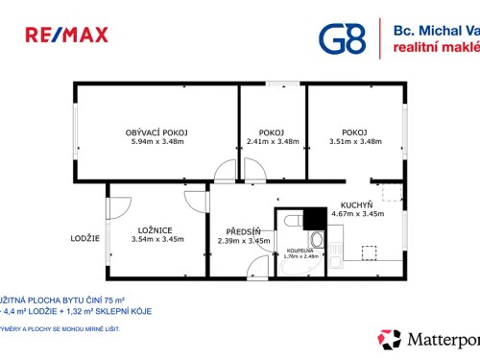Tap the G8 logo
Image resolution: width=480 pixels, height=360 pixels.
341,37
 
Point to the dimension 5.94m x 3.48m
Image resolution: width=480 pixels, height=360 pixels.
156,142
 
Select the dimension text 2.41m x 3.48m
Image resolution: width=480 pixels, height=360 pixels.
273,142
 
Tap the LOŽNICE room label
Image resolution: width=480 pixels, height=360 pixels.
154,230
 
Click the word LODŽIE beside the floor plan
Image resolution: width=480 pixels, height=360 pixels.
84,238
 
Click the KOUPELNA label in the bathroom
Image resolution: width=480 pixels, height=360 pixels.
300,252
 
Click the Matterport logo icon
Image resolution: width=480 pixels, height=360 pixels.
391,339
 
